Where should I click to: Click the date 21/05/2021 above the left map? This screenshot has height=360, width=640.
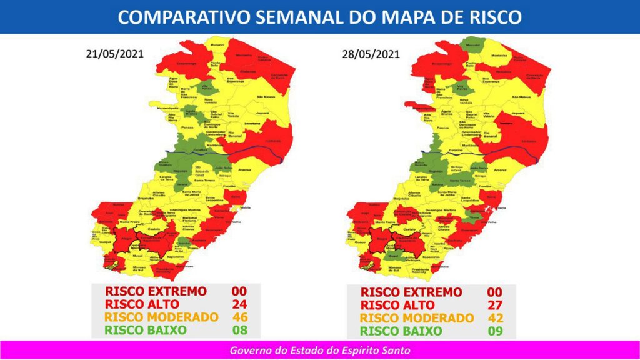pos(114,54)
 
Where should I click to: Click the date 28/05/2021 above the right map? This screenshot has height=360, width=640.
pos(371,54)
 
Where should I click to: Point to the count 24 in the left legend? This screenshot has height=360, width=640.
pos(237,304)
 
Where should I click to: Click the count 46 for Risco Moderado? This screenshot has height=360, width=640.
pos(237,317)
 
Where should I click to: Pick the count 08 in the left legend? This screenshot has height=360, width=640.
pos(237,330)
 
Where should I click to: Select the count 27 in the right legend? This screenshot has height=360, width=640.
pos(496,306)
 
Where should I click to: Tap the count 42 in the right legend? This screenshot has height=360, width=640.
pos(496,318)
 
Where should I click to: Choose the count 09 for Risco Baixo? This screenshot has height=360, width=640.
pos(496,331)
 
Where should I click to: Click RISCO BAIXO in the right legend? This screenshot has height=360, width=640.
pos(401,331)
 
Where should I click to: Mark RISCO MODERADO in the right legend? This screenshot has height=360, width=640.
pos(417,318)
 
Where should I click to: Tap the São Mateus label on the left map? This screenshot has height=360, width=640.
pos(266,97)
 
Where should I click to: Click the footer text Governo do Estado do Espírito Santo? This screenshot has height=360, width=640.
pos(320,351)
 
